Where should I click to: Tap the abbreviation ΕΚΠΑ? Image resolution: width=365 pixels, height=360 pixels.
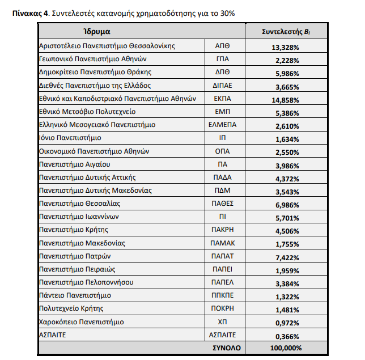[x=223, y=99]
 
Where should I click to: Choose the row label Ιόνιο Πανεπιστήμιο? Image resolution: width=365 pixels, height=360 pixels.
[x=70, y=138]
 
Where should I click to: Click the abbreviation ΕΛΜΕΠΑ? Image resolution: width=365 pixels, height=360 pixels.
[x=223, y=125]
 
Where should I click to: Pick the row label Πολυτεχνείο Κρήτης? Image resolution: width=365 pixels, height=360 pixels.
[x=71, y=308]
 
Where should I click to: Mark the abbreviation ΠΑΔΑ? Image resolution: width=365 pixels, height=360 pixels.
[x=223, y=177]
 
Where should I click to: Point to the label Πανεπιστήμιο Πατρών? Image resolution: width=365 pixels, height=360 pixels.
[x=73, y=256]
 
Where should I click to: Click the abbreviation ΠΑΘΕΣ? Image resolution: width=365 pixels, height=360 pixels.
[x=223, y=204]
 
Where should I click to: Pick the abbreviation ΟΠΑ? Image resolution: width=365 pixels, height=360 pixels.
[x=223, y=151]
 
